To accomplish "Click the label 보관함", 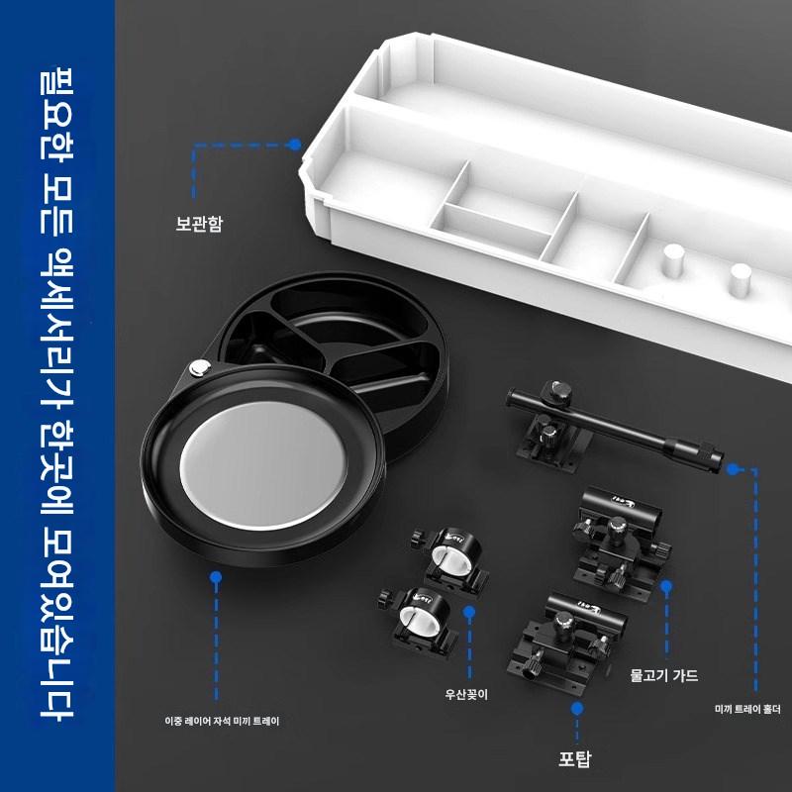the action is click(199, 224).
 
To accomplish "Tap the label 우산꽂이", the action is click(466, 695).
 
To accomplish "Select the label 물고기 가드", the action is click(663, 675).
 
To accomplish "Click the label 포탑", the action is click(574, 759).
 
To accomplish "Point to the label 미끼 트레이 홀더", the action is click(747, 709).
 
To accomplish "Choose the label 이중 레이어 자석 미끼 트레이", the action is click(222, 721).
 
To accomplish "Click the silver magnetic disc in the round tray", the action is click(262, 464).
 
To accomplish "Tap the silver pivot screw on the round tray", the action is click(200, 367).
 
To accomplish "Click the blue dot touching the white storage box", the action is click(294, 145).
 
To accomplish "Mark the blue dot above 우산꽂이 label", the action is click(468, 612).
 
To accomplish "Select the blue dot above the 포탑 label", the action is click(577, 709).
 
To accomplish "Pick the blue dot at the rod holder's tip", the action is click(732, 469).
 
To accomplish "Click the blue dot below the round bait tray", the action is click(216, 577).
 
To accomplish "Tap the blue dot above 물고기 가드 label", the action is click(666, 586).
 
